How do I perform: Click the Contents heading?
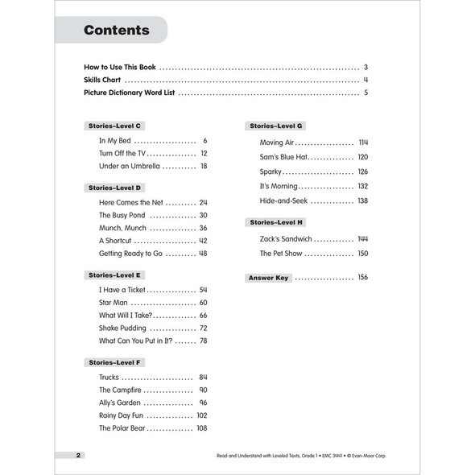[117, 31]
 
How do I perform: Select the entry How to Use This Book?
[120, 68]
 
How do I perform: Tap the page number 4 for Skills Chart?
[366, 81]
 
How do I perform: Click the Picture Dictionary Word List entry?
[130, 93]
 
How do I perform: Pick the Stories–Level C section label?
[114, 126]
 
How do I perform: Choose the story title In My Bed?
[115, 140]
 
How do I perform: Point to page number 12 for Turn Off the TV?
[204, 153]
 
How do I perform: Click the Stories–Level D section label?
[114, 188]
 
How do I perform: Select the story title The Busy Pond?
[122, 215]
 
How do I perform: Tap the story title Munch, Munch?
[122, 228]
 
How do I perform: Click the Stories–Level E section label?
[114, 275]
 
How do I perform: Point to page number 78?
[204, 341]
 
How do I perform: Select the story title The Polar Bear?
[122, 428]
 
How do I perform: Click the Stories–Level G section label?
[275, 126]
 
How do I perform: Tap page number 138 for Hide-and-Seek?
[362, 200]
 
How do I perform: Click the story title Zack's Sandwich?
[286, 239]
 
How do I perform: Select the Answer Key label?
[268, 278]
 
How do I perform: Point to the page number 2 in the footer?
[79, 456]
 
